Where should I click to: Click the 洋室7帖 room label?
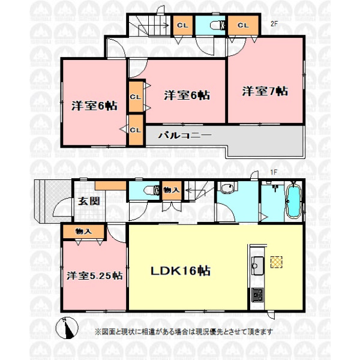coord(265,91)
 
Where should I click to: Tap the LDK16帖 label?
coord(181,271)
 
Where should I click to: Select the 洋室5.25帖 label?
coord(95,275)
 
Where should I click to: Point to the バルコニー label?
coord(185,135)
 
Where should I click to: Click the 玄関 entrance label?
coord(89,202)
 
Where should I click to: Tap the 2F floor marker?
coord(274,23)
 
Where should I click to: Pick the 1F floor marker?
coord(274,172)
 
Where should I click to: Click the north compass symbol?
coord(67,328)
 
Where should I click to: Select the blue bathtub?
coord(293,200)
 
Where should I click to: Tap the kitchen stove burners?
coord(257,295)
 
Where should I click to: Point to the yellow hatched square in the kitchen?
coord(277,262)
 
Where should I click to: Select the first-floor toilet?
coord(151,190)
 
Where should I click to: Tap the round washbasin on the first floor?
coord(227,188)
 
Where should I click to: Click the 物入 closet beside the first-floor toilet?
coord(172,190)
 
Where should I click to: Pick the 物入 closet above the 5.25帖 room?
coord(83,232)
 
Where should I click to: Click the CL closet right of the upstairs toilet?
coord(243,25)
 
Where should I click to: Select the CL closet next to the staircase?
coord(182,25)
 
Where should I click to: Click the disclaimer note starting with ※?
coord(184,332)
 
